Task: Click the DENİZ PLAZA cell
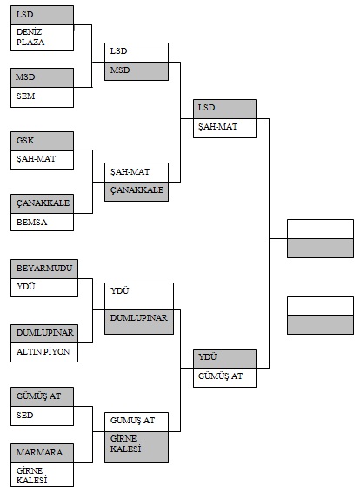click(x=42, y=37)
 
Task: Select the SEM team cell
click(x=42, y=97)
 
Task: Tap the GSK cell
click(x=42, y=141)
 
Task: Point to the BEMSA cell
click(x=42, y=223)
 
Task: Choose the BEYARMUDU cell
click(x=44, y=269)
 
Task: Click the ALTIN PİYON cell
click(x=44, y=352)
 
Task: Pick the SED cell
click(x=42, y=416)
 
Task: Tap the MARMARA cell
click(x=42, y=453)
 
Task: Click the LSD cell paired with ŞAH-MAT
click(x=224, y=110)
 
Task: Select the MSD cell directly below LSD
click(x=137, y=71)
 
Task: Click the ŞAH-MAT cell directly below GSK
click(x=42, y=160)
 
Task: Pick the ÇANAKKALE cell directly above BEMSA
click(x=42, y=204)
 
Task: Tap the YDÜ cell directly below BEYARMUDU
click(x=44, y=288)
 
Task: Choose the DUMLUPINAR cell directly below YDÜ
click(x=139, y=322)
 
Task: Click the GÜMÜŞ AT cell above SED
click(x=42, y=397)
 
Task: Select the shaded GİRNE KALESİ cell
click(x=137, y=447)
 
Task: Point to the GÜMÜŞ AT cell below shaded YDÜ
click(x=224, y=377)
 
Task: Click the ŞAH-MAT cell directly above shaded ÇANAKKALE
click(x=137, y=172)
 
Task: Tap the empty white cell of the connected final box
click(x=321, y=229)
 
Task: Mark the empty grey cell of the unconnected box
click(x=321, y=325)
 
